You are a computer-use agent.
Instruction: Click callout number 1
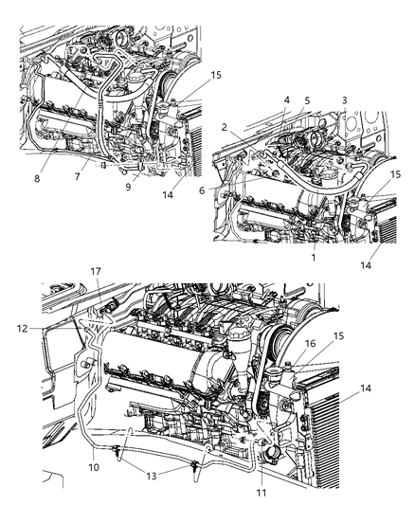313,257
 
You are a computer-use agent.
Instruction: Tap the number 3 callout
344,100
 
